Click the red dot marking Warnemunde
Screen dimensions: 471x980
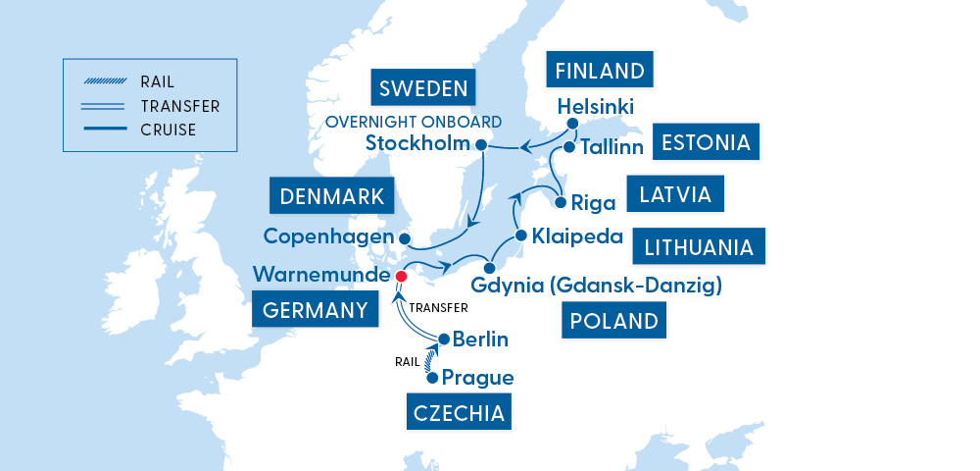click(x=399, y=276)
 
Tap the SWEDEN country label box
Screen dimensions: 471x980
click(x=420, y=88)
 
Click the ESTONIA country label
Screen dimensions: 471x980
click(x=706, y=142)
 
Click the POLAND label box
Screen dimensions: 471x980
click(x=612, y=321)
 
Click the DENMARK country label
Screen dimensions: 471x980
click(x=331, y=196)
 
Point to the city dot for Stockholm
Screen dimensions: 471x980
click(x=481, y=145)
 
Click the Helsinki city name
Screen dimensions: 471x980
click(x=595, y=106)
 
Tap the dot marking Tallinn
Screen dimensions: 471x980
click(x=568, y=147)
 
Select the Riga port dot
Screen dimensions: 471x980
click(x=561, y=203)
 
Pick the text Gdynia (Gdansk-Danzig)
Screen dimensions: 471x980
click(x=596, y=286)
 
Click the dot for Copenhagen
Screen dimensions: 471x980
click(x=405, y=237)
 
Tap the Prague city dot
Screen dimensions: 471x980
click(x=431, y=377)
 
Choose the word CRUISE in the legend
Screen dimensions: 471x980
click(x=169, y=130)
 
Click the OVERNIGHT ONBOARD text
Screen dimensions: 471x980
click(x=413, y=122)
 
